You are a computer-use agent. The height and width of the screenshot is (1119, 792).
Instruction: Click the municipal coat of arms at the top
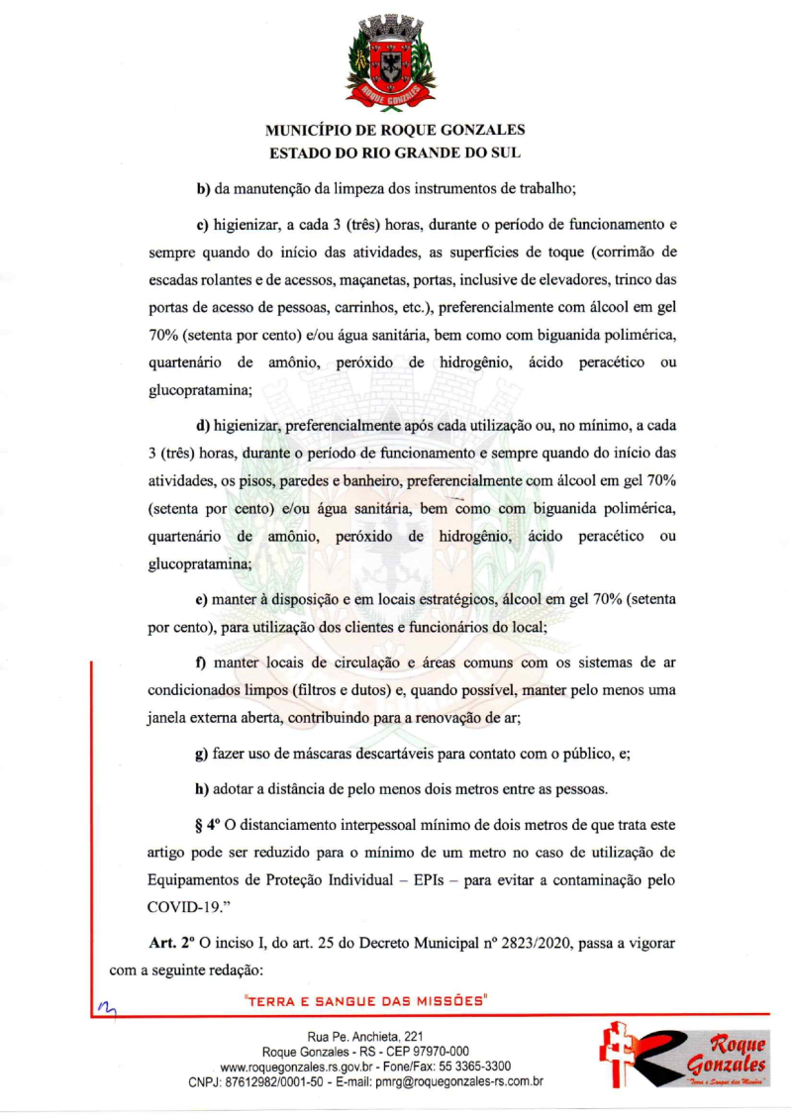(395, 61)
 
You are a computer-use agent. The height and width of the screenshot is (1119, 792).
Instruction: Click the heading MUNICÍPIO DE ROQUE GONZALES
(395, 130)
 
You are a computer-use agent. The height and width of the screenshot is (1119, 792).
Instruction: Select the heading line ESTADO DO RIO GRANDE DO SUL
(395, 153)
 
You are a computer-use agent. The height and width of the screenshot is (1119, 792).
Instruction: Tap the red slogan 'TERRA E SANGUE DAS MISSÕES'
(368, 1001)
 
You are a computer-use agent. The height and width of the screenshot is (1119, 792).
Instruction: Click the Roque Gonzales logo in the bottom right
(685, 1061)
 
